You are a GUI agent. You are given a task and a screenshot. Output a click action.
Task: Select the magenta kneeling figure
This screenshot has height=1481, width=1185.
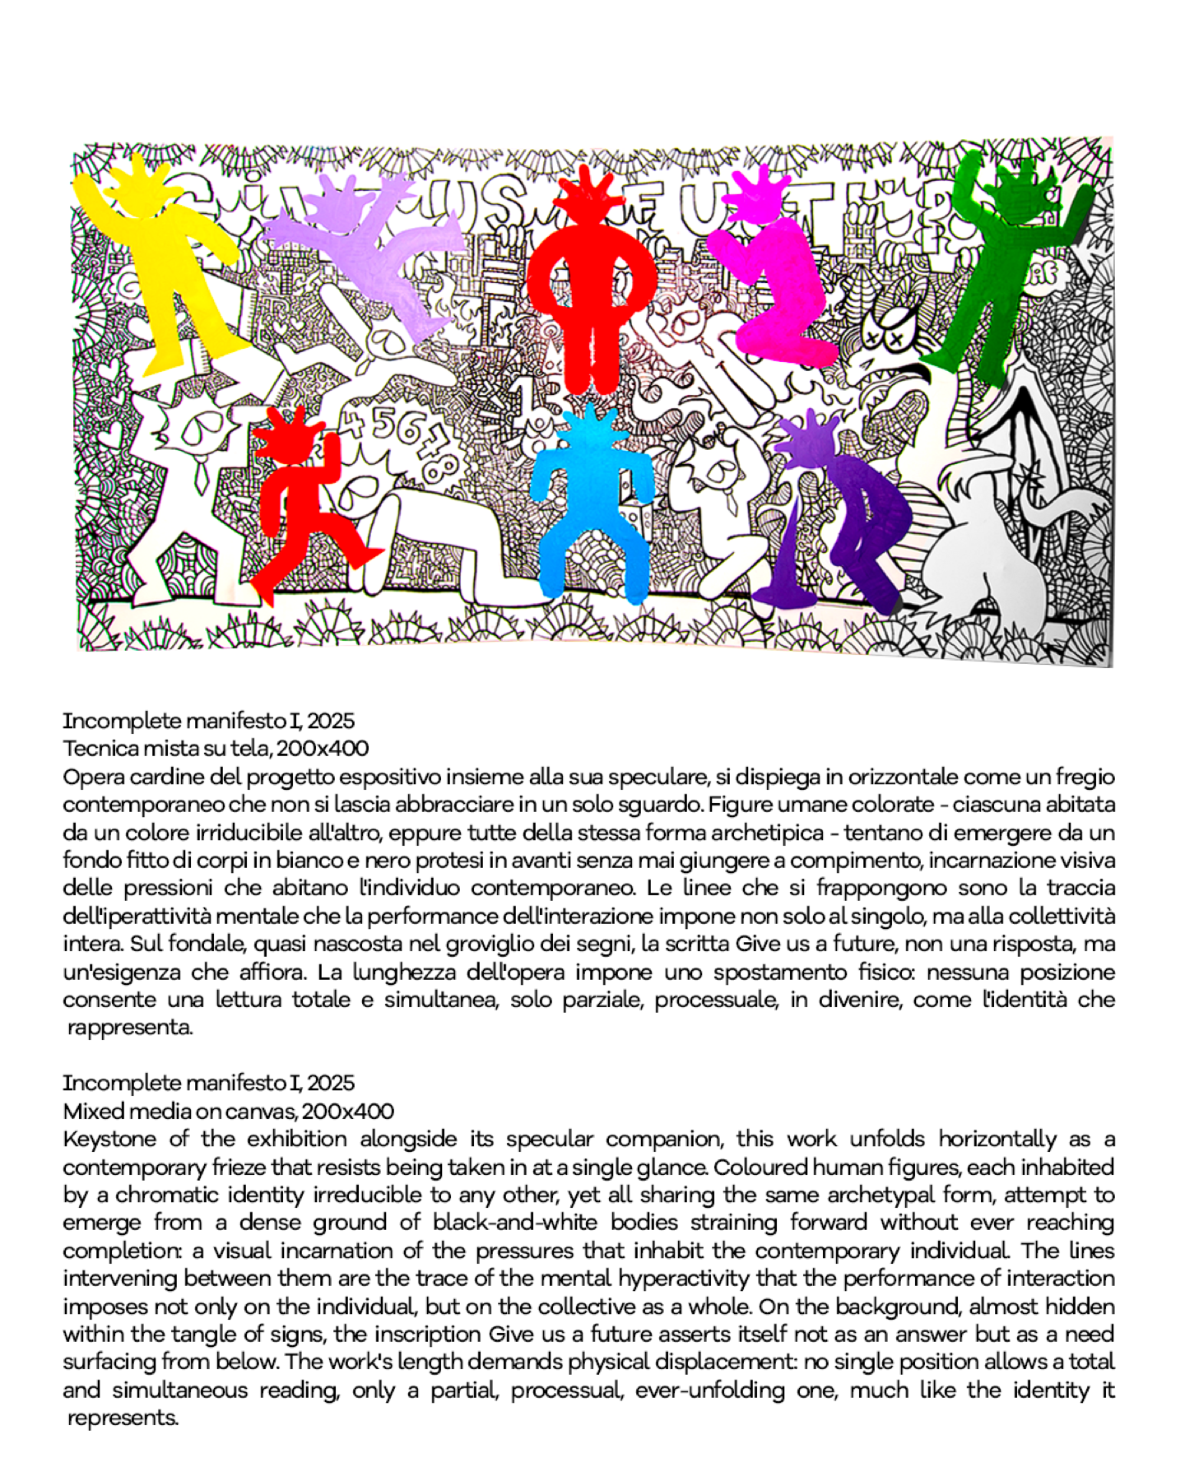coord(778,288)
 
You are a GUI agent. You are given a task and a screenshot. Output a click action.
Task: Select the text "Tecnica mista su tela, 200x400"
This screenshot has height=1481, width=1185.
coord(216,749)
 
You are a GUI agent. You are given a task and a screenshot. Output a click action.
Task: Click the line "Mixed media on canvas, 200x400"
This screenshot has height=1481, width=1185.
coord(229,1112)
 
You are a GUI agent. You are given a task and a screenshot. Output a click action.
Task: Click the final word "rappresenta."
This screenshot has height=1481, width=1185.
coord(130,1028)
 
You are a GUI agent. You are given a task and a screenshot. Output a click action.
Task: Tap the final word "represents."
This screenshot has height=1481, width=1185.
coord(123,1418)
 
